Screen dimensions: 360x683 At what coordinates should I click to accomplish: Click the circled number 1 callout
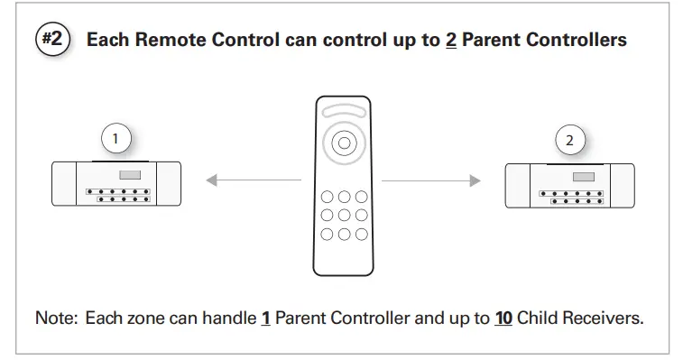pyautogui.click(x=115, y=139)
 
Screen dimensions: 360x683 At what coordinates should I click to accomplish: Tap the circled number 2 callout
pyautogui.click(x=569, y=140)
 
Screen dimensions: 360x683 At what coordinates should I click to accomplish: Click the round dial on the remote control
pyautogui.click(x=341, y=142)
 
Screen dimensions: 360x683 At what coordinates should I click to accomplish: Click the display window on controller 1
pyautogui.click(x=131, y=174)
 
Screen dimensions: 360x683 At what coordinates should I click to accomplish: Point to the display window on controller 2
pyautogui.click(x=584, y=177)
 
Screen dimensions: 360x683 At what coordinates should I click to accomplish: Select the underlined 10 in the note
pyautogui.click(x=505, y=319)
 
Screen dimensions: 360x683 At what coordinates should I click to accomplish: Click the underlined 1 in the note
pyautogui.click(x=265, y=319)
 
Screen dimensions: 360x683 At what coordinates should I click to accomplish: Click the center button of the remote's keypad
pyautogui.click(x=343, y=215)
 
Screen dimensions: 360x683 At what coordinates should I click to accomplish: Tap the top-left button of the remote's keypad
pyautogui.click(x=325, y=197)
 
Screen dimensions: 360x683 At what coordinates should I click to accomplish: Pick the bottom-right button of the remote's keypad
pyautogui.click(x=361, y=234)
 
